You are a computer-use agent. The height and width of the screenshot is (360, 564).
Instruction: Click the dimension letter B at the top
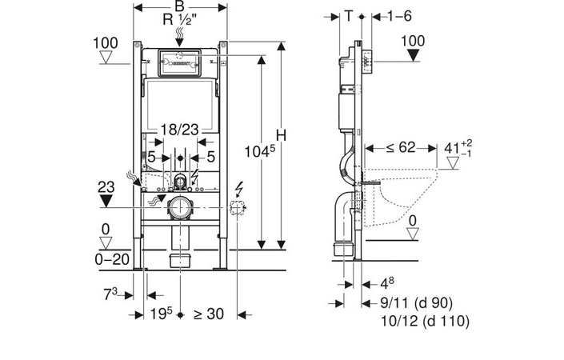click(179, 6)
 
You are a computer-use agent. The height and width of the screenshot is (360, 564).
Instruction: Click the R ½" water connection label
click(179, 19)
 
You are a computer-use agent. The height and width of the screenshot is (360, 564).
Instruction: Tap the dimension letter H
click(282, 135)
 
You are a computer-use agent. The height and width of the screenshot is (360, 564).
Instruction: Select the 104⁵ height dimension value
click(260, 151)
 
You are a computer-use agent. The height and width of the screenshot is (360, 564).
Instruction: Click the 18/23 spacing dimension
click(179, 130)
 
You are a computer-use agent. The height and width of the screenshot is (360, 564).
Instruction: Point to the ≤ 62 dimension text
click(400, 147)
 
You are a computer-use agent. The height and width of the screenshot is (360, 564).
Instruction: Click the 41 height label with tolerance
click(458, 147)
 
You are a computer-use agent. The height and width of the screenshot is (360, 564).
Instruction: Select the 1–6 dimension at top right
click(399, 16)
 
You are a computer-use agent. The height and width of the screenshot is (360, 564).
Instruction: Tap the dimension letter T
click(348, 16)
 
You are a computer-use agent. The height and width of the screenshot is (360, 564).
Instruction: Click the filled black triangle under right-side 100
click(414, 55)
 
